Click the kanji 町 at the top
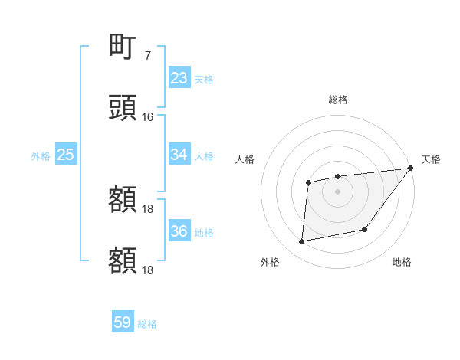(x=123, y=47)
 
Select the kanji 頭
(x=123, y=108)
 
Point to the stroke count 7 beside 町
(x=147, y=56)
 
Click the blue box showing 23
(x=179, y=78)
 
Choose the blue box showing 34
(x=179, y=155)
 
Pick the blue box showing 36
(x=179, y=231)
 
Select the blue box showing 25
(x=66, y=155)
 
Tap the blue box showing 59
(x=123, y=322)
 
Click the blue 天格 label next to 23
(x=204, y=79)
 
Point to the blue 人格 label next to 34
(x=204, y=155)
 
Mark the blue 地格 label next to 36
(x=204, y=232)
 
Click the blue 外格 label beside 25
(x=41, y=155)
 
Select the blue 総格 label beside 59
(x=147, y=323)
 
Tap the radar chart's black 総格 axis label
(x=337, y=100)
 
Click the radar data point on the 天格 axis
(x=411, y=168)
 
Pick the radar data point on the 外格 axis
(x=302, y=242)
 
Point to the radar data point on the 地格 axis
(x=365, y=229)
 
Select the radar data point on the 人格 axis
(x=309, y=182)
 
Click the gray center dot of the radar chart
(x=337, y=191)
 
